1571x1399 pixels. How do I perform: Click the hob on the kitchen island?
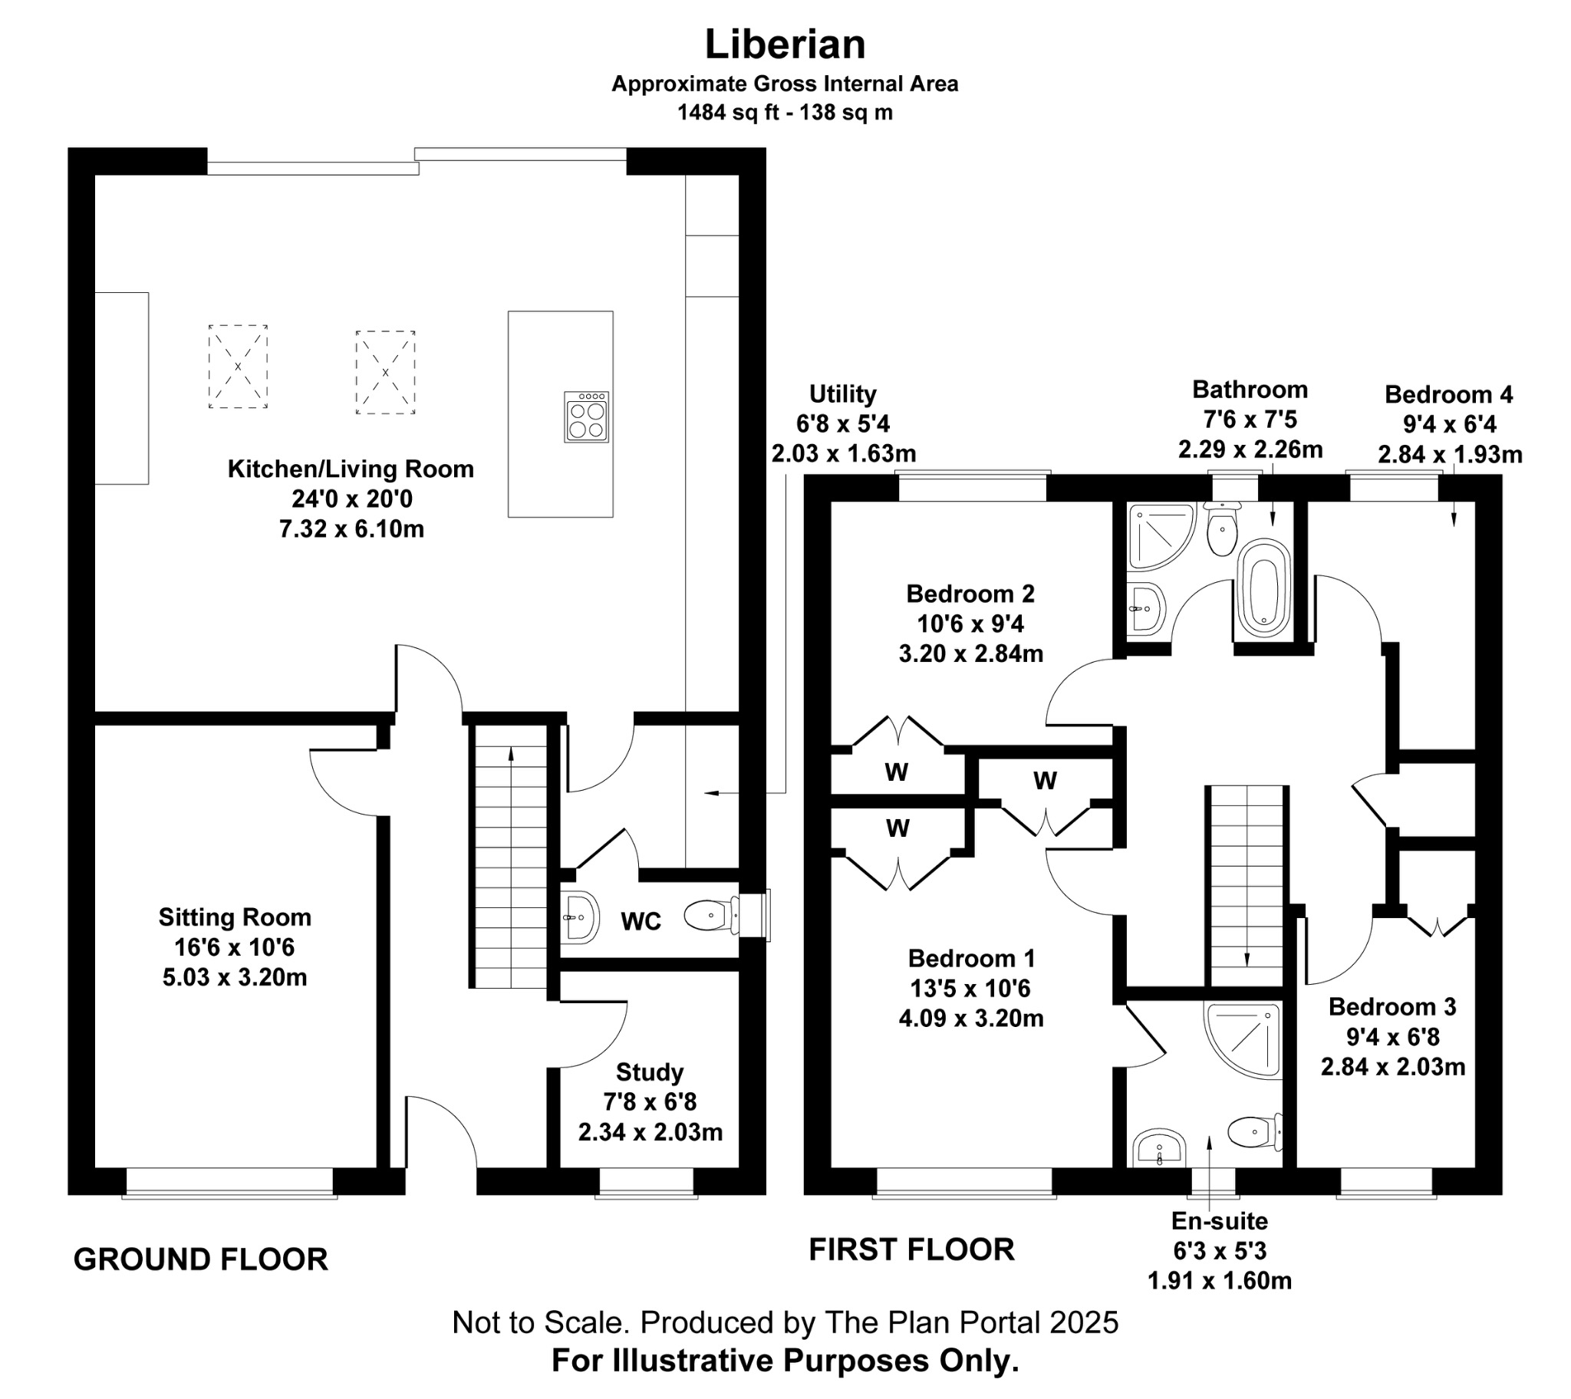point(586,417)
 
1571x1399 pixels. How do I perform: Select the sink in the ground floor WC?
point(578,917)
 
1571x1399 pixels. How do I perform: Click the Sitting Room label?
point(235,917)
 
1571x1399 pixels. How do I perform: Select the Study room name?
point(650,1071)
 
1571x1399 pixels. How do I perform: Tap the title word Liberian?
point(785,44)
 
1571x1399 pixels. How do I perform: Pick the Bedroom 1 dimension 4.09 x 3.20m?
point(970,1019)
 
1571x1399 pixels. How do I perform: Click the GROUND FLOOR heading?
point(201,1259)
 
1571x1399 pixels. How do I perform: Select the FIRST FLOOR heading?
point(911,1249)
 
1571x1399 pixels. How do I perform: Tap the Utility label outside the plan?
point(842,394)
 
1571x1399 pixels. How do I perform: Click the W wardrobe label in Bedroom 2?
point(896,772)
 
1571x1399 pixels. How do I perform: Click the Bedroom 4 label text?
point(1448,395)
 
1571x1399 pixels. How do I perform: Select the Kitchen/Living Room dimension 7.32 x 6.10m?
point(351,529)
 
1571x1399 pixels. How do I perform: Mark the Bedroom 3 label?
point(1392,1007)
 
